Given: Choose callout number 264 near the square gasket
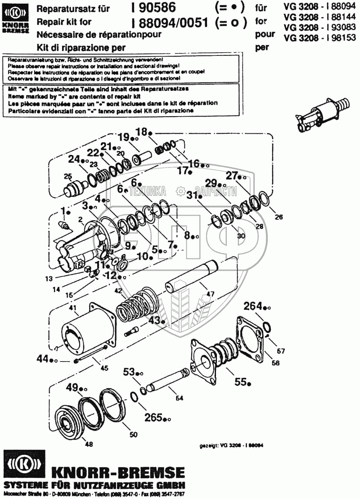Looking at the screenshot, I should (x=253, y=307).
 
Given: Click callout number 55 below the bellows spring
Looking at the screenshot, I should (x=240, y=381).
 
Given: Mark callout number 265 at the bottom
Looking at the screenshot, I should (x=153, y=418).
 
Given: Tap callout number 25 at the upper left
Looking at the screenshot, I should (x=67, y=176).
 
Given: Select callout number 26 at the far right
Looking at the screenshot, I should (x=279, y=218).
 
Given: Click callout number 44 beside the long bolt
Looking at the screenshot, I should (x=43, y=359).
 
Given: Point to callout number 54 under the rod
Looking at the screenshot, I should (x=179, y=398).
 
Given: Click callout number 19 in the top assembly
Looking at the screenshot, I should (x=123, y=137).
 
